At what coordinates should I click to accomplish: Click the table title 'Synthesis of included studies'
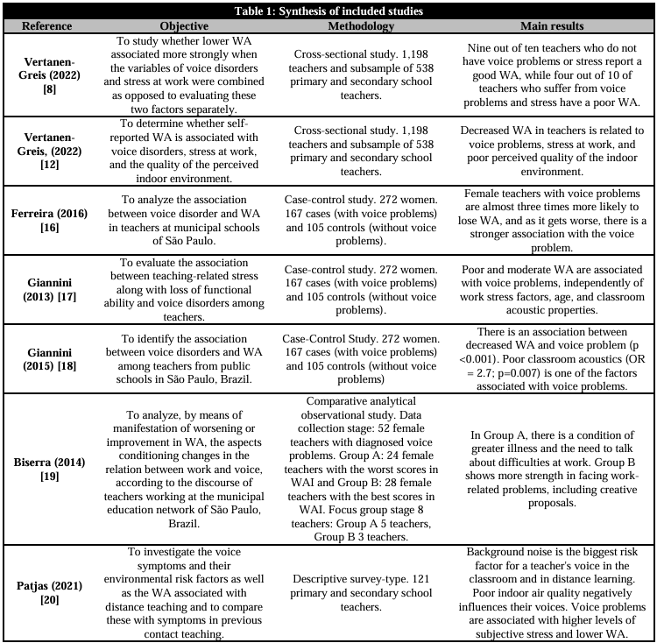[328, 11]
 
